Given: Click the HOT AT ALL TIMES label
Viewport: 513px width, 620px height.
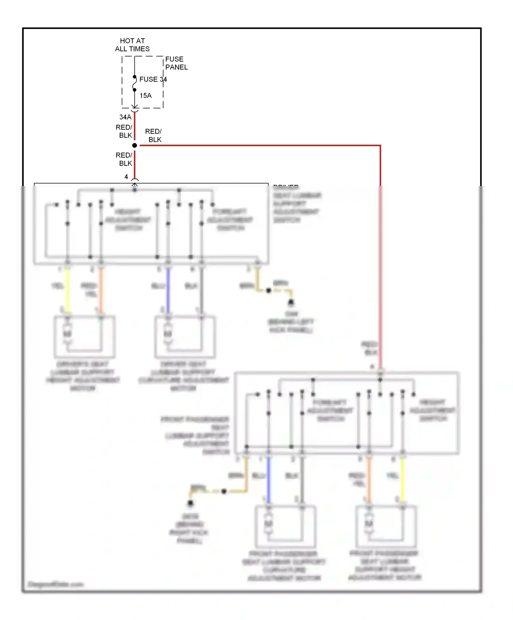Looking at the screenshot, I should point(132,45).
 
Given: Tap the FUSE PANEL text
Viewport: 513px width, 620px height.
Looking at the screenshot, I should point(176,63).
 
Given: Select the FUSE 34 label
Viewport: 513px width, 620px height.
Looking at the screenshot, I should point(153,79).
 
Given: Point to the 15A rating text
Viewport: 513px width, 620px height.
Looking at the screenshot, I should point(145,96).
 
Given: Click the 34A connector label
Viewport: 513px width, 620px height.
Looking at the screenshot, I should point(125,117).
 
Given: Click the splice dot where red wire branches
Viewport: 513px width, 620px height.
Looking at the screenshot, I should point(135,146).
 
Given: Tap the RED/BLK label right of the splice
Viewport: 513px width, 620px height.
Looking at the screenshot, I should point(154,135).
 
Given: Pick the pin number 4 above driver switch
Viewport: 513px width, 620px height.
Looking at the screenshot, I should point(126,177).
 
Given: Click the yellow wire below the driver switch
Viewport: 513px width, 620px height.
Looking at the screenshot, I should point(68,291).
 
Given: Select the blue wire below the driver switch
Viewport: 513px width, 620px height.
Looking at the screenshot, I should point(168,291).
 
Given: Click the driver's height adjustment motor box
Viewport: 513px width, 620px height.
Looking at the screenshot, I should point(84,337).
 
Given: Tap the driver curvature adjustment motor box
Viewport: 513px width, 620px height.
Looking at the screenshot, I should point(185,337).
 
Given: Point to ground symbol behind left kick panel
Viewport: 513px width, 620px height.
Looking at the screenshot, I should point(291,302).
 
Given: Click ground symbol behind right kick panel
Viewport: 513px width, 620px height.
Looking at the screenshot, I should point(190,503).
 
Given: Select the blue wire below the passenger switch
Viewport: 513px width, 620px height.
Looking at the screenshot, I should point(268,480).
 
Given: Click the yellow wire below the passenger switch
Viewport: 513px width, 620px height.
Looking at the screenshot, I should point(403,480).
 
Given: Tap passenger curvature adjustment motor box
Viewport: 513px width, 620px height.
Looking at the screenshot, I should point(285,526).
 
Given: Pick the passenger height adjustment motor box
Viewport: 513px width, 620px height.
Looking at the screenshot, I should point(386,526).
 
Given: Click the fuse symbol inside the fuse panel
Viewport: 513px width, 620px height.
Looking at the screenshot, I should point(134,83).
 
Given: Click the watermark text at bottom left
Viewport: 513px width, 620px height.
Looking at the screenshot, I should point(55,584).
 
